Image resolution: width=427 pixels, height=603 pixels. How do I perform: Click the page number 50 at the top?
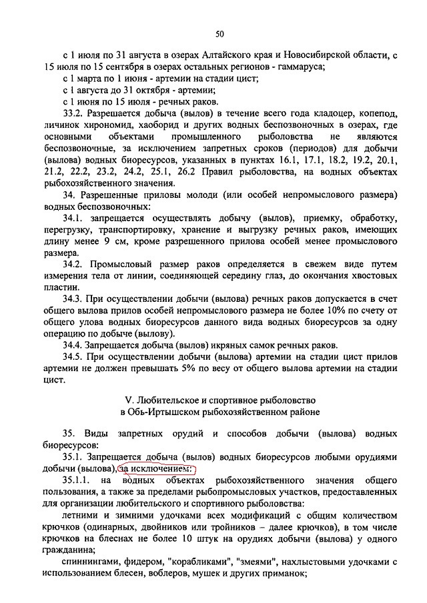click(x=220, y=35)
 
